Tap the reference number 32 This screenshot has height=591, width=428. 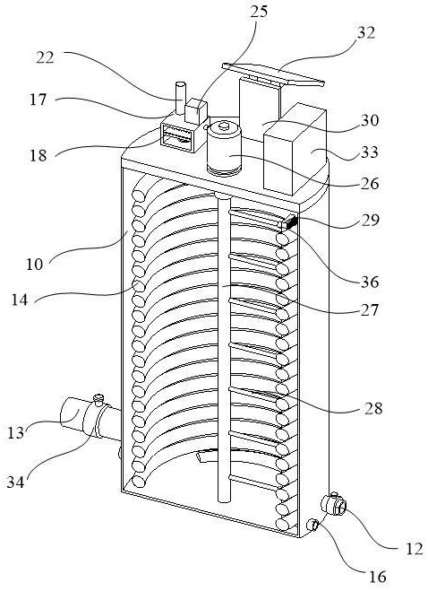tap(366, 33)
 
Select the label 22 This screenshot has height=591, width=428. tap(45, 57)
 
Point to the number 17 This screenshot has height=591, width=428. tap(39, 100)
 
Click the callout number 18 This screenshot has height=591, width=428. tap(39, 155)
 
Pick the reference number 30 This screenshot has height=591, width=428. tap(370, 120)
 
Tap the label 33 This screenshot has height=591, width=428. tap(369, 152)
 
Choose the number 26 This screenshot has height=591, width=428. tap(370, 184)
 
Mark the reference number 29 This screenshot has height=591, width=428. tap(370, 220)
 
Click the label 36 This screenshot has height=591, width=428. tap(369, 282)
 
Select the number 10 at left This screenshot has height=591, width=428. tap(35, 265)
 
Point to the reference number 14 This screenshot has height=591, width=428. tap(20, 300)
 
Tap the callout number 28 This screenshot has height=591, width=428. tap(373, 408)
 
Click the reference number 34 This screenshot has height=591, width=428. tap(16, 482)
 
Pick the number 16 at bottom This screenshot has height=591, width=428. tap(377, 577)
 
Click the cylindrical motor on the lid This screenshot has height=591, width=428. tap(225, 148)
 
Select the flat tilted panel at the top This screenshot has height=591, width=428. tap(273, 74)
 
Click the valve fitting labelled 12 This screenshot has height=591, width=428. tap(333, 504)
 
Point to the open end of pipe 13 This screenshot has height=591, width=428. tap(69, 413)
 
